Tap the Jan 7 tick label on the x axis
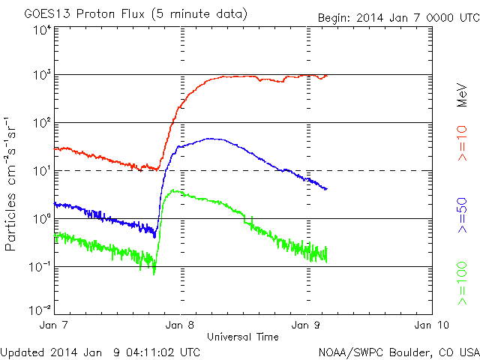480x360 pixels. click(54, 325)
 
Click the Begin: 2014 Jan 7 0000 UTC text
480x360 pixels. click(397, 17)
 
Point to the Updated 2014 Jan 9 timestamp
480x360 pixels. click(100, 351)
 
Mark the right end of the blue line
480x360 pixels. click(326, 188)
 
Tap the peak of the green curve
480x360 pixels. click(173, 190)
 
